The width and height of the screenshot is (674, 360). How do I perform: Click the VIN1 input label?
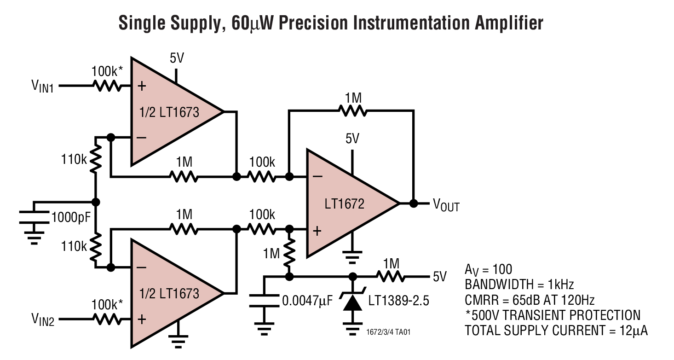pyautogui.click(x=43, y=86)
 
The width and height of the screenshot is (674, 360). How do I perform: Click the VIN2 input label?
pyautogui.click(x=43, y=319)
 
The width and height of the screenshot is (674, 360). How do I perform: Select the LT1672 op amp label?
pyautogui.click(x=345, y=203)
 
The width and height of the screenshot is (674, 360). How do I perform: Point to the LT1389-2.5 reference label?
pyautogui.click(x=398, y=301)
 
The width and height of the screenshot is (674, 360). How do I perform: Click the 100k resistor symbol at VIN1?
pyautogui.click(x=107, y=86)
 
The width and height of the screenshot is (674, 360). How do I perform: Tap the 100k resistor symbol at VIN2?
pyautogui.click(x=107, y=319)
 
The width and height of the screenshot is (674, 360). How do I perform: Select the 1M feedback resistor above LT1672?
pyautogui.click(x=352, y=110)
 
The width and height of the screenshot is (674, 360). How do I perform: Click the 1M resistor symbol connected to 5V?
pyautogui.click(x=391, y=277)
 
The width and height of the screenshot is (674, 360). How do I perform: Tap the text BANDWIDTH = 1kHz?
pyautogui.click(x=519, y=284)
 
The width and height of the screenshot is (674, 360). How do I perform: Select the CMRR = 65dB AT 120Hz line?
pyautogui.click(x=530, y=300)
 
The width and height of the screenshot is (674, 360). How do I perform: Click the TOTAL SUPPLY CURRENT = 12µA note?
pyautogui.click(x=556, y=331)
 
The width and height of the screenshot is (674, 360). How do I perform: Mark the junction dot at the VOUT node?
pyautogui.click(x=413, y=203)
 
